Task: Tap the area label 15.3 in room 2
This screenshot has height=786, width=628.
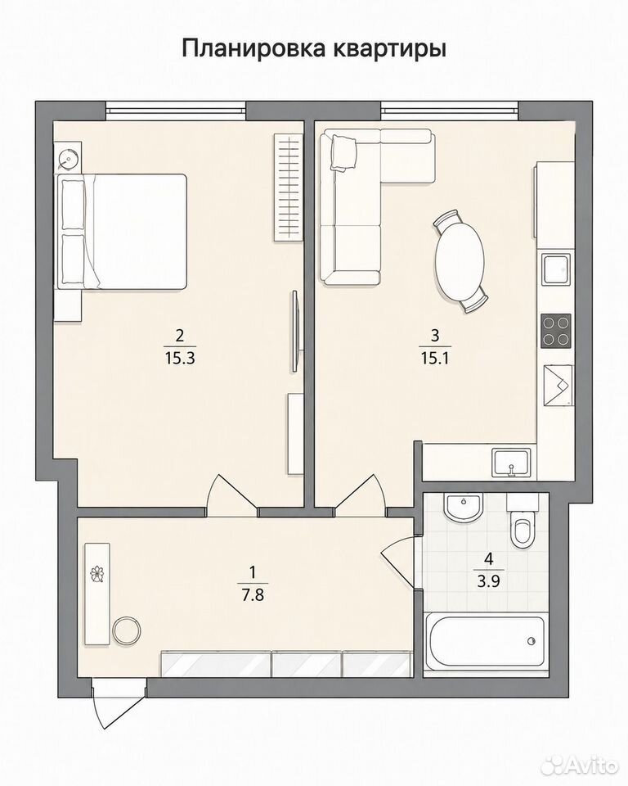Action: (180, 359)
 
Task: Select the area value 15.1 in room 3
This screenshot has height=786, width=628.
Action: (435, 359)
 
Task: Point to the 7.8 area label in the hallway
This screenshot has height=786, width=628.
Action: (253, 596)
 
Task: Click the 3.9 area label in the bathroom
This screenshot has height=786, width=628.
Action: (489, 581)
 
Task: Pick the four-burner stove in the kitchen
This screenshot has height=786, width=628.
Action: (556, 331)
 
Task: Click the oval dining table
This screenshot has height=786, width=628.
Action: (460, 262)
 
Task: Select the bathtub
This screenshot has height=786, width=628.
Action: (485, 640)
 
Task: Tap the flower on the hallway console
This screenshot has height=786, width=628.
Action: (96, 573)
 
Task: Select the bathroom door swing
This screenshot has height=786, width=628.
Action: (398, 562)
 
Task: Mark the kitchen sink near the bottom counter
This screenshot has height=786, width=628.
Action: (512, 462)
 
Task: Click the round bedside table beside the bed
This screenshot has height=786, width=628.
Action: (66, 157)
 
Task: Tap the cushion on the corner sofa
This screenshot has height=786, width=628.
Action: (343, 153)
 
